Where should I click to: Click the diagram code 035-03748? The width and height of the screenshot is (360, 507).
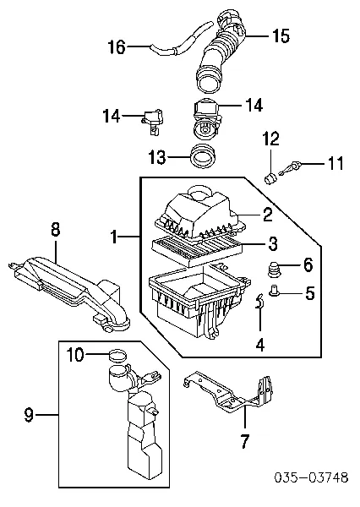pos(311,477)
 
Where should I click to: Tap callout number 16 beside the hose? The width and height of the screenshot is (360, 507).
pos(117,46)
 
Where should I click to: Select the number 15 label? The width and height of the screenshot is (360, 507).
pos(281,35)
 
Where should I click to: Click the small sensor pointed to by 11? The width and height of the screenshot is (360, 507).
pos(290,169)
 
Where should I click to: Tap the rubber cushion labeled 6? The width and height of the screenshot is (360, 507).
pos(275,268)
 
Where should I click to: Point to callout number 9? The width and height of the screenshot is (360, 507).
pos(29,415)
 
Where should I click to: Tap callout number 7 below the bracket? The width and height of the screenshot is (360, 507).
pos(245,441)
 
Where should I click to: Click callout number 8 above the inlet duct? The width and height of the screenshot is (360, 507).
pos(55,230)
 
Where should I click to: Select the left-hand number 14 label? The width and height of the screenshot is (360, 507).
pos(112,116)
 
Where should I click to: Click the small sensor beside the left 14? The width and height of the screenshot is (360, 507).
pos(152,123)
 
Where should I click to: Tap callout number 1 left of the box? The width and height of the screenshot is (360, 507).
pos(113,237)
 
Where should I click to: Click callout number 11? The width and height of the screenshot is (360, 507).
pos(335,163)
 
